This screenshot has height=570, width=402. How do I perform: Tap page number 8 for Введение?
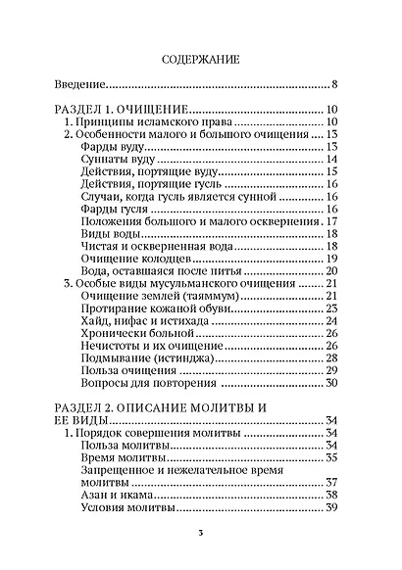(334, 85)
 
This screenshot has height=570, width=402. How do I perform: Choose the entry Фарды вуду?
(115, 147)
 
